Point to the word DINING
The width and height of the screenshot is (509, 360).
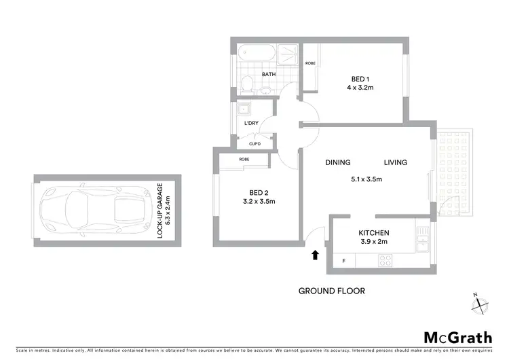[x=337, y=162]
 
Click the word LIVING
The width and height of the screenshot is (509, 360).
[x=395, y=162]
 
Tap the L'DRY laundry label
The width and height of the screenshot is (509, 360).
[x=252, y=123]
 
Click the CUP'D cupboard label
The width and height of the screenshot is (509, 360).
[x=254, y=143]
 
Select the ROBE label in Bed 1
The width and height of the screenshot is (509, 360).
[x=310, y=63]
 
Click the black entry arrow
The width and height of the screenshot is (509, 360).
[x=315, y=255]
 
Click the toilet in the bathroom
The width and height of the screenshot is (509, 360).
[x=248, y=84]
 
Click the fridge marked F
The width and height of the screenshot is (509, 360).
[x=343, y=261]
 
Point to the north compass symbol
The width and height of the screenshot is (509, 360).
[x=480, y=304]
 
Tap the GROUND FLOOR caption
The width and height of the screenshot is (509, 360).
[x=332, y=291]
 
